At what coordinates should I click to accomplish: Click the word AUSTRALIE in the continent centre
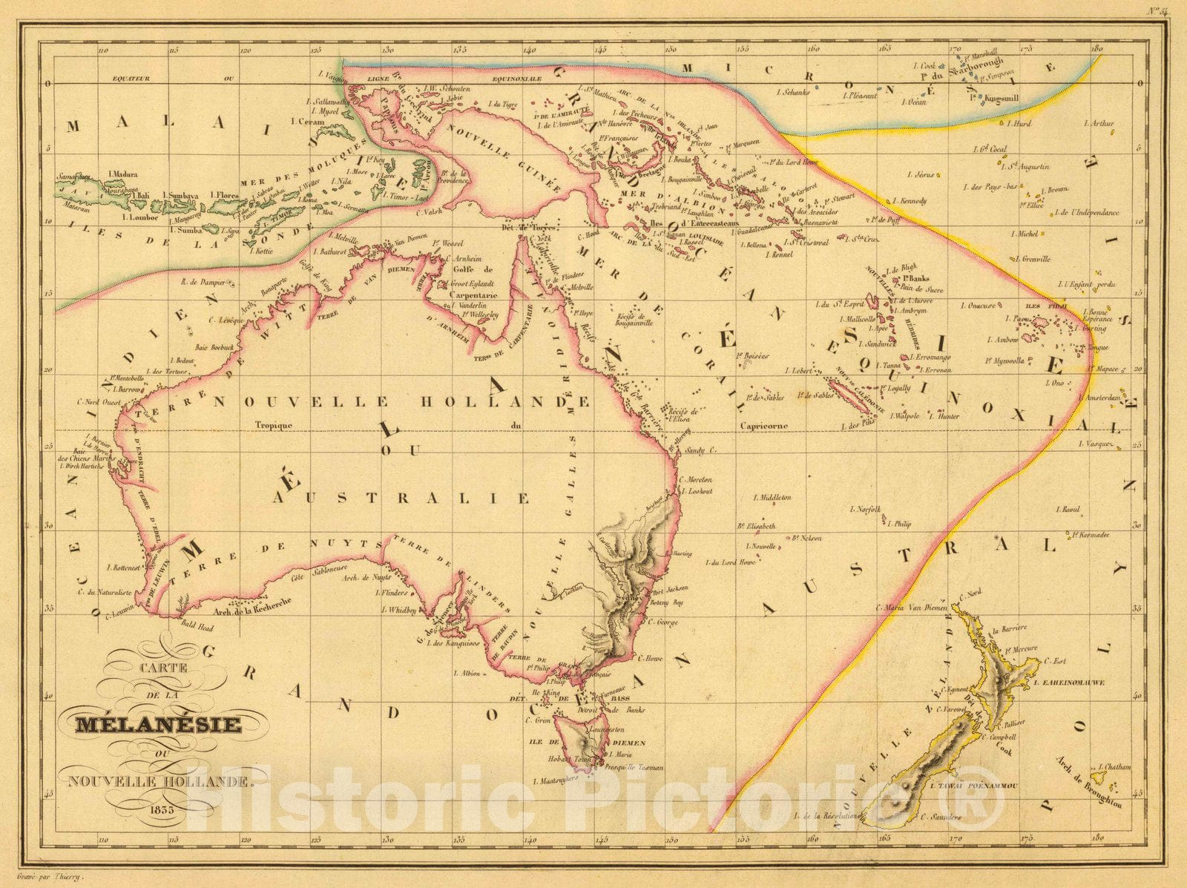401,498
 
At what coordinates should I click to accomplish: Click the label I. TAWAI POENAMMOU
972,785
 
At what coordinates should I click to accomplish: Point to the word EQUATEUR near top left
127,78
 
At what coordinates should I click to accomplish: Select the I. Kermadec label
1088,534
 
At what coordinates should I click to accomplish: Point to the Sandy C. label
697,450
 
